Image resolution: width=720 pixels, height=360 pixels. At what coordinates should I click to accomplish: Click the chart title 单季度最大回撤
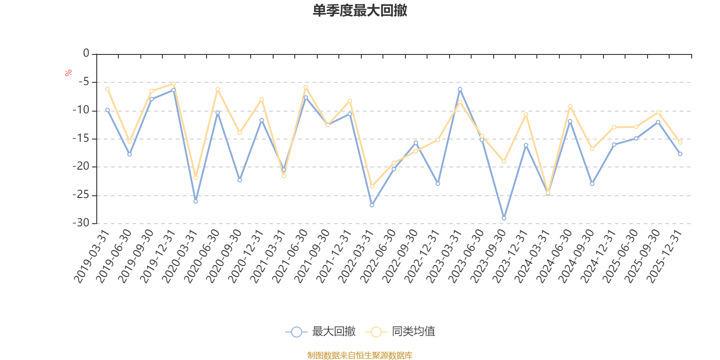click(x=360, y=10)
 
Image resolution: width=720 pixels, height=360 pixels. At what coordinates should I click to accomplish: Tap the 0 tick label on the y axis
click(x=86, y=54)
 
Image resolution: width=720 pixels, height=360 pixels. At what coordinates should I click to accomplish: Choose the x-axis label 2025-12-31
click(x=664, y=257)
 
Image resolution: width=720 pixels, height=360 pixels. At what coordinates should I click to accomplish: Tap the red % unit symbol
click(x=68, y=73)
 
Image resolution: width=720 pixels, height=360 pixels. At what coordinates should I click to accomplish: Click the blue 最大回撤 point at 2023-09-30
click(x=504, y=218)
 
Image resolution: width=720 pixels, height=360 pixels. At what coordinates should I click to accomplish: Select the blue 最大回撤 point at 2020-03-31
click(x=196, y=201)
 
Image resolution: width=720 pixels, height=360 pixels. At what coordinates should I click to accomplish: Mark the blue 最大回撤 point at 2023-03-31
click(x=460, y=89)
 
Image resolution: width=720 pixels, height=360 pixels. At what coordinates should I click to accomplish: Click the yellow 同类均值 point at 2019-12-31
click(x=174, y=84)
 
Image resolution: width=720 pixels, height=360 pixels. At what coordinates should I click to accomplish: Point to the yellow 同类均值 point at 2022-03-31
click(x=372, y=186)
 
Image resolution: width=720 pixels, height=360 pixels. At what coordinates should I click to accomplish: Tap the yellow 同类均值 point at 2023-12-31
click(x=526, y=114)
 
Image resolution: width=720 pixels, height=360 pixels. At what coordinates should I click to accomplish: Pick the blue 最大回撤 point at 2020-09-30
click(x=240, y=180)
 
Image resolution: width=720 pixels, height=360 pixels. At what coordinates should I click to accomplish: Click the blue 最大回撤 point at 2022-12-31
click(x=438, y=184)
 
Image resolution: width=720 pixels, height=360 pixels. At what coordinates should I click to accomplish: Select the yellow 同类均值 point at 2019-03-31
click(x=108, y=89)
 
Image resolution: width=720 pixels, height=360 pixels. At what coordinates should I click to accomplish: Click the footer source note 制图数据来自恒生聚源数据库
click(x=360, y=355)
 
